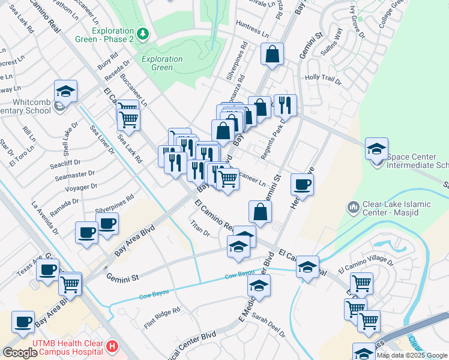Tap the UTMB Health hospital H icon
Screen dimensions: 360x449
tap(112, 346)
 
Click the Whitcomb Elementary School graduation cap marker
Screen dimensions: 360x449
tap(65, 91)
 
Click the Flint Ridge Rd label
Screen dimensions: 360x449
tap(162, 311)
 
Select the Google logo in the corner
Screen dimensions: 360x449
tap(20, 352)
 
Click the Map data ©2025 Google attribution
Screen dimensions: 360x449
tap(412, 355)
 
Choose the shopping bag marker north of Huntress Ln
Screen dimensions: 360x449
tap(272, 54)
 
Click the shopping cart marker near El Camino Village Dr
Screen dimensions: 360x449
tap(361, 283)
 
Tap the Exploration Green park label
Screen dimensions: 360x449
tap(162, 63)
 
